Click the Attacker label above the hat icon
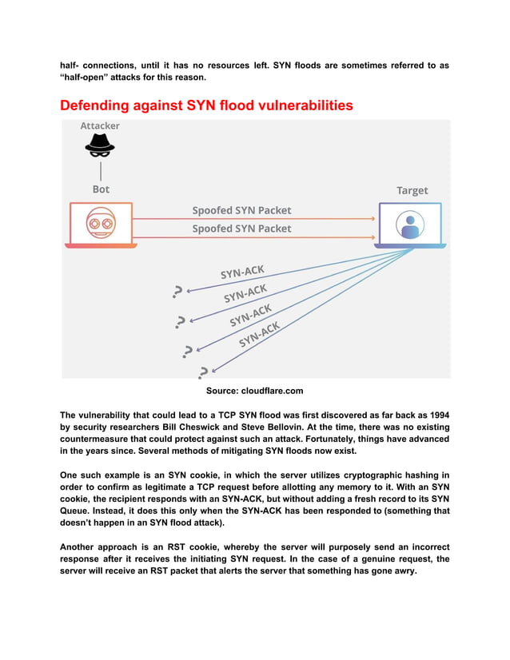100,126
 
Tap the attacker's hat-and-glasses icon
100,147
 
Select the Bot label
101,189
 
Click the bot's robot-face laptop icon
99,225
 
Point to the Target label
412,190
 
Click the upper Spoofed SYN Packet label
241,211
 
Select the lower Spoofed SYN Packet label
241,229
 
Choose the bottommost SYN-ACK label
260,336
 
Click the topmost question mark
177,293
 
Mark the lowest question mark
204,372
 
